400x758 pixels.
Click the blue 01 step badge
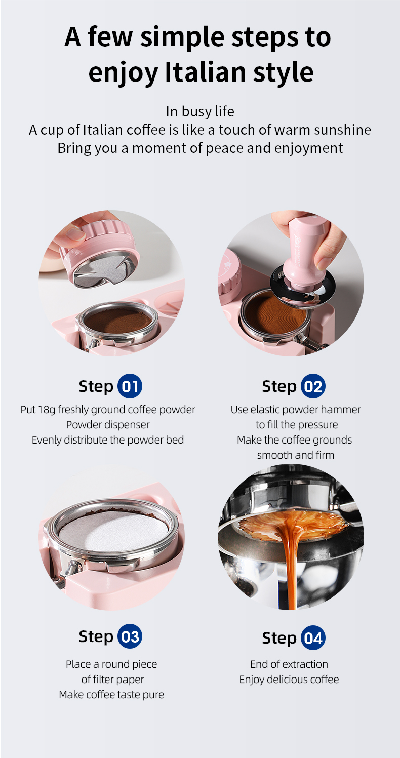click(x=130, y=386)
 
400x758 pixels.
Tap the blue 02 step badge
click(x=313, y=386)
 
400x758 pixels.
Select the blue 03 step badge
click(x=130, y=636)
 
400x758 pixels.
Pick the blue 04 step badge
click(x=313, y=638)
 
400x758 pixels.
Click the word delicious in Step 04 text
click(x=289, y=679)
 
